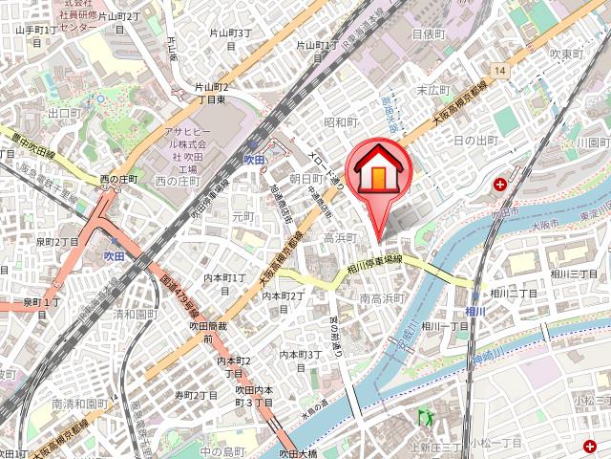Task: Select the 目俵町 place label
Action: coord(429,33)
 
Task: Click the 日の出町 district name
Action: coord(474,141)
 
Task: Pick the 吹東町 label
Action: coord(566,55)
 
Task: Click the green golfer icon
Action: coord(426,417)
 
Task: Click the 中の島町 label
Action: coord(223,450)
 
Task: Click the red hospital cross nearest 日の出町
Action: coord(500,184)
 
